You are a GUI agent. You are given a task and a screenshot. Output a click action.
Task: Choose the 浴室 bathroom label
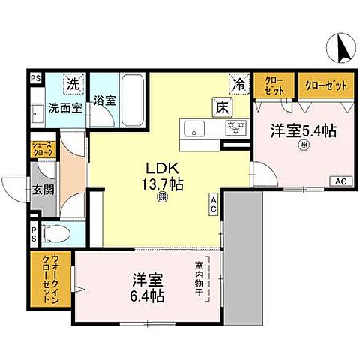coord(105,100)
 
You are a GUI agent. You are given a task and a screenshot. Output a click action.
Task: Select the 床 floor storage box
coord(223,106)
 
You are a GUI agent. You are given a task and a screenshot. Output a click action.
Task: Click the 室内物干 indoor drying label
coord(199,277)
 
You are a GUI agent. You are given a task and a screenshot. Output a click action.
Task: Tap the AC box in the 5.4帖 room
coord(340,181)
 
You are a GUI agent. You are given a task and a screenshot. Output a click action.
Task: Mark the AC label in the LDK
coord(214,202)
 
